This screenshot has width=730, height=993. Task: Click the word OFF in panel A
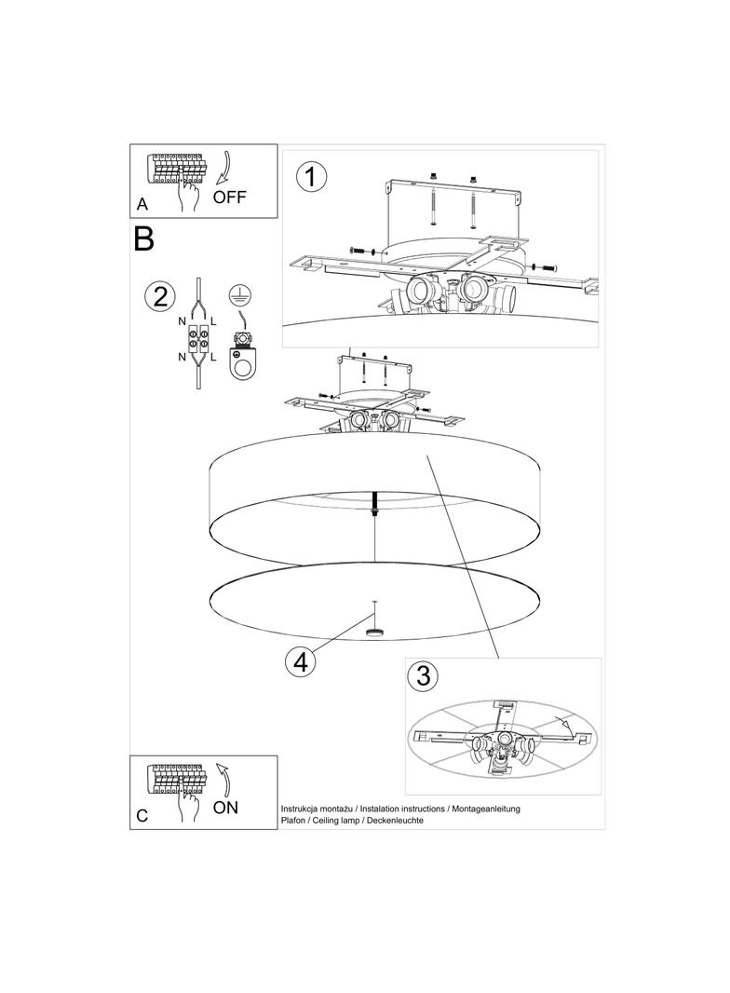click(x=229, y=197)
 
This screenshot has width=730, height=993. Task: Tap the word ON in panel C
click(x=225, y=808)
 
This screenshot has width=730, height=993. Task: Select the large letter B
click(x=143, y=238)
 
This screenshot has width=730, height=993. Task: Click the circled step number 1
click(x=311, y=176)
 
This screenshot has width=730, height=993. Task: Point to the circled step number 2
click(x=159, y=296)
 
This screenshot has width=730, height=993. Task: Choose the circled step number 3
click(x=423, y=675)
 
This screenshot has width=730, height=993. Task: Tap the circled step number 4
click(x=300, y=661)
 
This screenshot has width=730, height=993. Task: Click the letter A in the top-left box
click(x=142, y=204)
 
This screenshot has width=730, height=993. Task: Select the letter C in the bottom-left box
click(x=142, y=816)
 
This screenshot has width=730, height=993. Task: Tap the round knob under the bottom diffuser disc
click(x=374, y=632)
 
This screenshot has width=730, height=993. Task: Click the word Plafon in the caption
click(x=292, y=820)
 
